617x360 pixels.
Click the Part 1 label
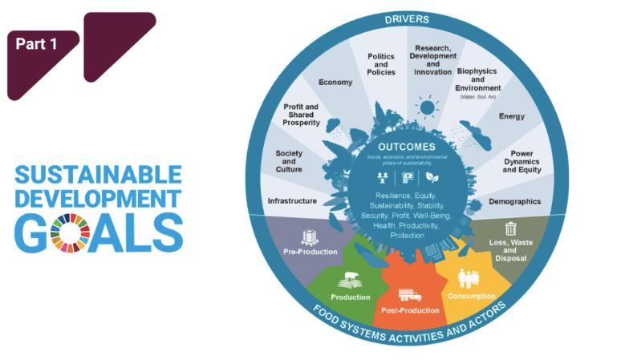point(37,45)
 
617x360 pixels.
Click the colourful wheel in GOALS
point(69,229)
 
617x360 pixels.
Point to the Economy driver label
point(335,83)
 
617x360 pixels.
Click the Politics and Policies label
point(381,64)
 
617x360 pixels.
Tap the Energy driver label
point(511,116)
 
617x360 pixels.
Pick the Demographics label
point(514,201)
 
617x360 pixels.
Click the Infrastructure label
point(292,200)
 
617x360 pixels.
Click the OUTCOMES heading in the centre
point(407,147)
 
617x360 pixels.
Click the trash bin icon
point(509,228)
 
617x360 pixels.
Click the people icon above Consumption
point(469,278)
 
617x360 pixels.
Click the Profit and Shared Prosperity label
point(302,115)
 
